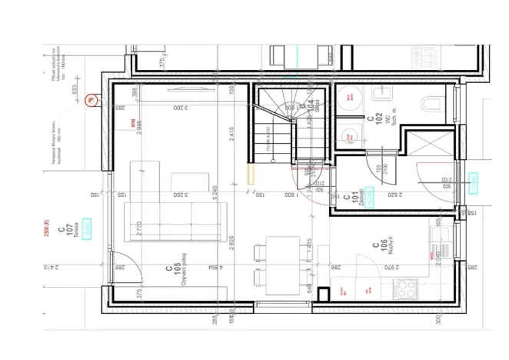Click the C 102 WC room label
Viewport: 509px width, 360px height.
click(375, 124)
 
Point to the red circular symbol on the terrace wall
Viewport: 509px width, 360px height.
click(91, 98)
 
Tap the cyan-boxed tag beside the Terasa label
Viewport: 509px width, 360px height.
click(88, 228)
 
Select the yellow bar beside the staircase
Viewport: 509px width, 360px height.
click(248, 172)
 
